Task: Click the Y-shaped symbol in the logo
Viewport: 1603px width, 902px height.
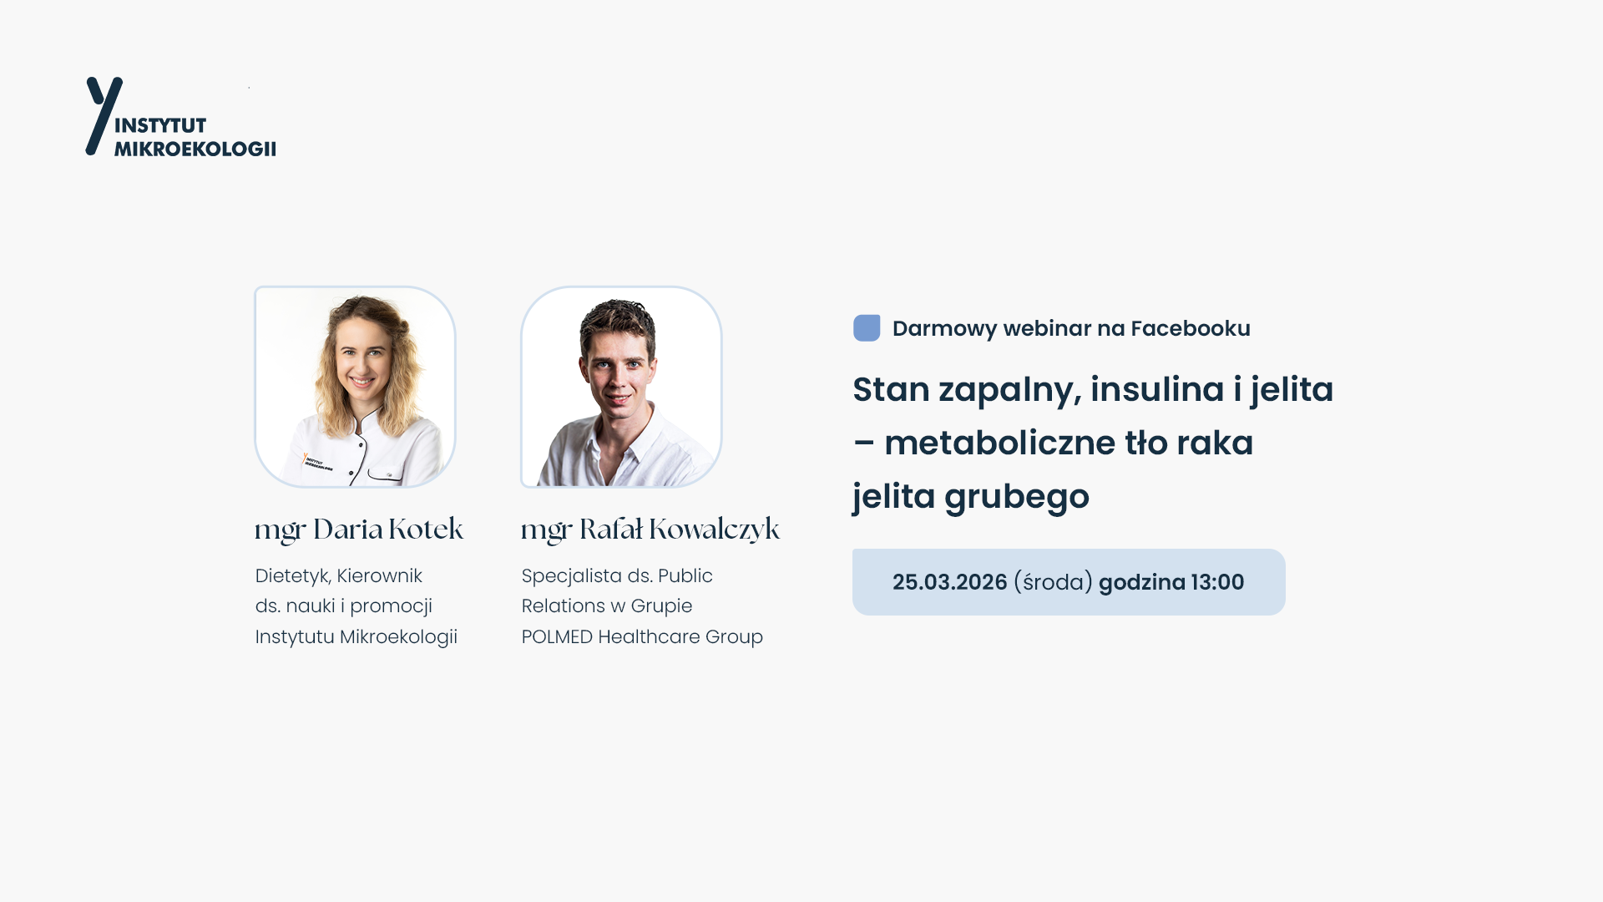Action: coord(102,115)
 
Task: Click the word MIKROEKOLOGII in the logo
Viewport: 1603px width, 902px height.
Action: coord(195,149)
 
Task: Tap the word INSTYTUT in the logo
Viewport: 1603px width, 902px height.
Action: coord(160,125)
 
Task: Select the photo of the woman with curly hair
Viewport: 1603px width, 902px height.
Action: coord(355,387)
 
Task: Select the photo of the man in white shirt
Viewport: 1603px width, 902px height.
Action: coord(621,387)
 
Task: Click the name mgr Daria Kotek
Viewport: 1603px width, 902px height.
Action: coord(359,530)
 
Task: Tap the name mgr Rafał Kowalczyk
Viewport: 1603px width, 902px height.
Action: coord(650,530)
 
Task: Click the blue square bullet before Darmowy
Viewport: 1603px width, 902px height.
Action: coord(867,328)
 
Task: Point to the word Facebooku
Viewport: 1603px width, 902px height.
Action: coord(1191,328)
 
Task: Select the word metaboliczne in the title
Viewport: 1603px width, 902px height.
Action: coord(1000,443)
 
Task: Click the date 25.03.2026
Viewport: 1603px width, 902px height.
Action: coord(950,582)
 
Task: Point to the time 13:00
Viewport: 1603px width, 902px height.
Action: coord(1217,582)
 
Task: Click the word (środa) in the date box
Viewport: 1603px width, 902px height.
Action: coord(1053,582)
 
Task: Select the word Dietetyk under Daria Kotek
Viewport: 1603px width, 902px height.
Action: coord(292,576)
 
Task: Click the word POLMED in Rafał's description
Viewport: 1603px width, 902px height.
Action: coord(557,636)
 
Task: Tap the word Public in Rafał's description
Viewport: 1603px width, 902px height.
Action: coord(685,576)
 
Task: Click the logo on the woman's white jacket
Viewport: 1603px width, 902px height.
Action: coord(317,462)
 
